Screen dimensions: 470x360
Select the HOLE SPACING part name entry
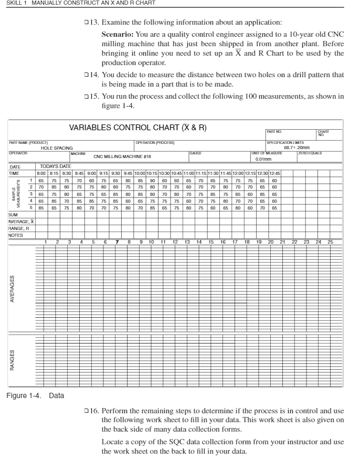[57, 148]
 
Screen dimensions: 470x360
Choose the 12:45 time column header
[274, 173]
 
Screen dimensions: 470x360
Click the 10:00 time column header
[140, 173]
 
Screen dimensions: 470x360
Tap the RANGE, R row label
[19, 228]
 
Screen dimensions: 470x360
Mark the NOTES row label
[16, 235]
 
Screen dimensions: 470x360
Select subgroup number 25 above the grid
[331, 242]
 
